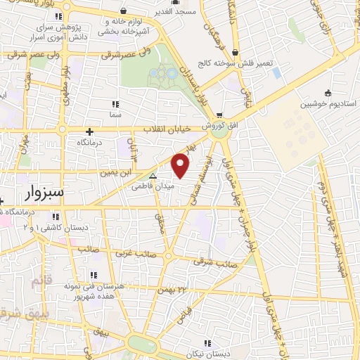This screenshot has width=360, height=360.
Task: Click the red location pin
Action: pos(181,165)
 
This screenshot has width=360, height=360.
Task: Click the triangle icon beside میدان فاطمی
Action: pos(153,176)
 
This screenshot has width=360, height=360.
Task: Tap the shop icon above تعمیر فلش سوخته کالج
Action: pos(234,53)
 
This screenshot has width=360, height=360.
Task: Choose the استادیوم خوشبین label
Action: pos(328,103)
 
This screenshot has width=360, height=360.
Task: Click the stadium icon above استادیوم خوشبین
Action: pos(328,92)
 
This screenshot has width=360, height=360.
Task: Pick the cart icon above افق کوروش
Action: pos(219,115)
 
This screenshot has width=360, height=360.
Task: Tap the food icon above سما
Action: pos(115,103)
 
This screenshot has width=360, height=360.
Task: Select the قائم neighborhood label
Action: pos(41,281)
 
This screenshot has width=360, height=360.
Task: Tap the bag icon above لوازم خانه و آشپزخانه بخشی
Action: pos(124,11)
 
